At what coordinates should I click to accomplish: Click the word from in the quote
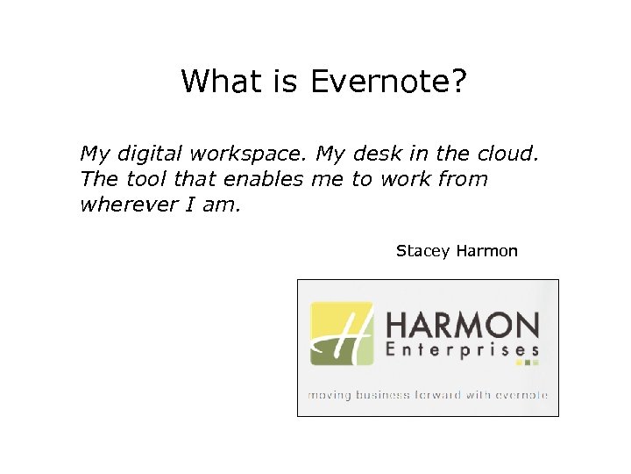pos(461,179)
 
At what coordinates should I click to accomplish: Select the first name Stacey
pos(422,251)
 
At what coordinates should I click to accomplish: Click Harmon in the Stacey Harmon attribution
pos(486,251)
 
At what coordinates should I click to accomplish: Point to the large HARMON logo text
pos(462,327)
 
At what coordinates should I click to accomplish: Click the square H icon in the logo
pos(342,334)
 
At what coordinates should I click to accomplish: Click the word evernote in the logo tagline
pos(521,395)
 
